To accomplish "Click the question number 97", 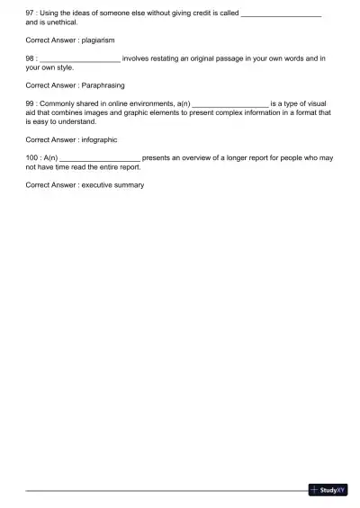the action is [31, 13].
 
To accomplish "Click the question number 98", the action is [31, 58].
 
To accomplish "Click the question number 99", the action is [31, 104].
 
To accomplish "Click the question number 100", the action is [32, 157].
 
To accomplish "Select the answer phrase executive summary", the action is [112, 184].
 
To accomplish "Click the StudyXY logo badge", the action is [328, 490].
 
